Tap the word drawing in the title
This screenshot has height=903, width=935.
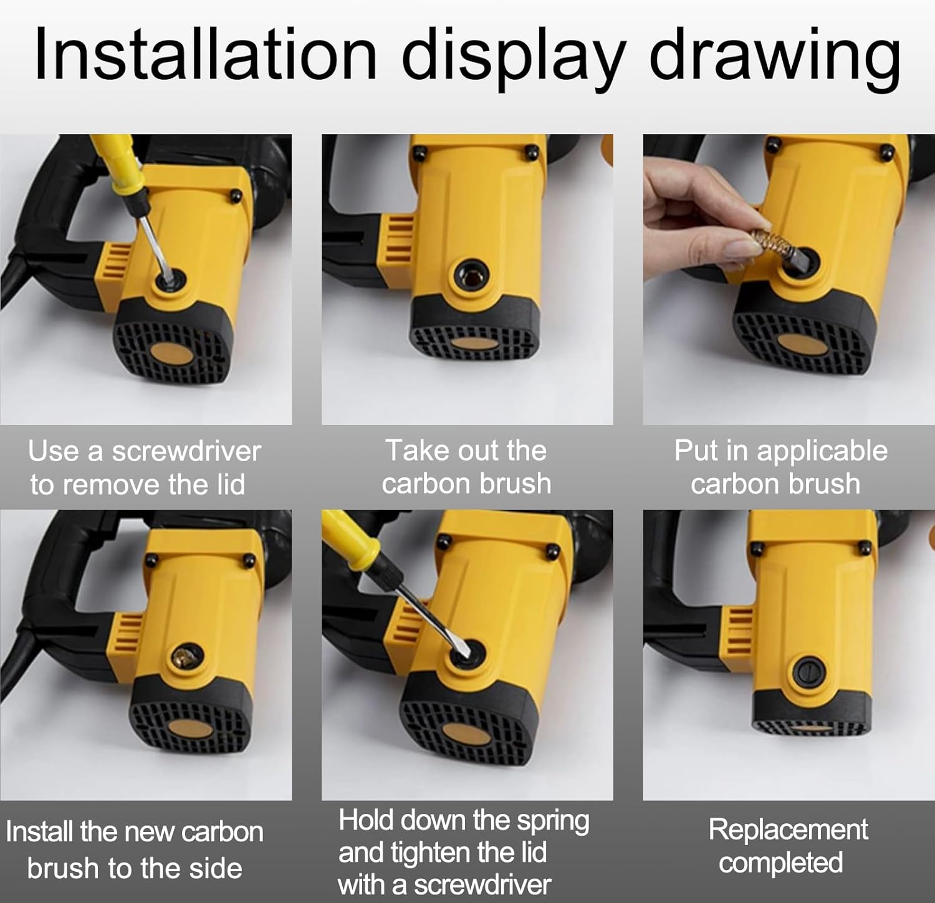[774, 60]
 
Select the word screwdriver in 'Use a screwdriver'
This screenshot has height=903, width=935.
[186, 451]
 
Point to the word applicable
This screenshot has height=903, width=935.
[822, 451]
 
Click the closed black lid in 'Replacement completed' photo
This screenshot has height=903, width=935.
[810, 672]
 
